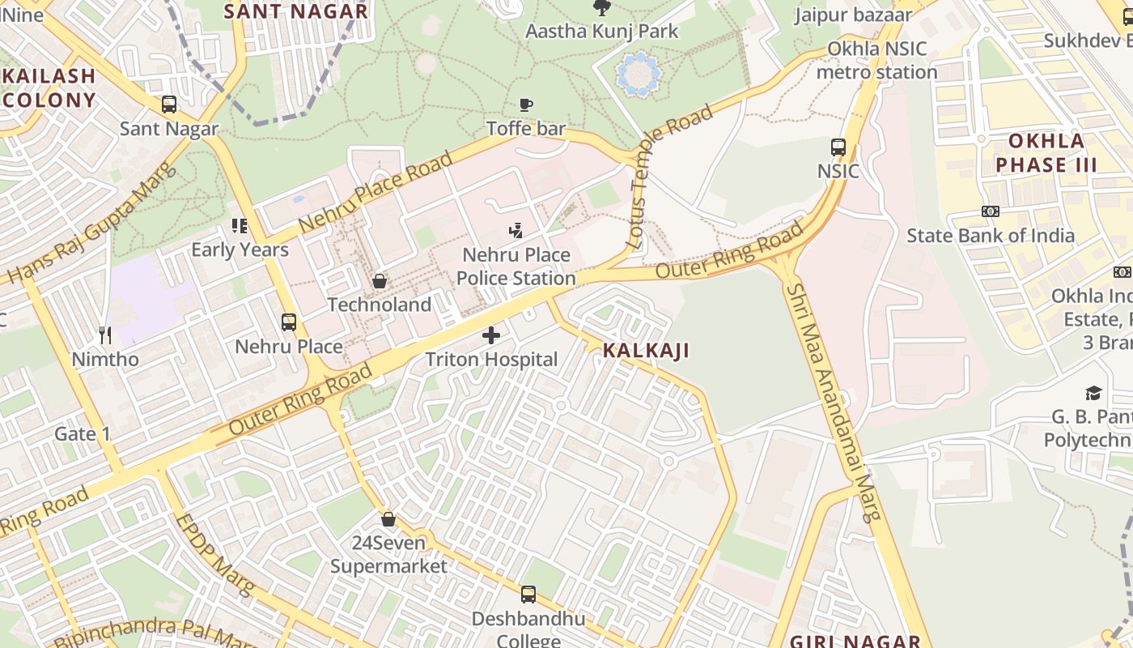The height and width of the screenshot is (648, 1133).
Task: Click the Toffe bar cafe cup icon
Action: pyautogui.click(x=526, y=104)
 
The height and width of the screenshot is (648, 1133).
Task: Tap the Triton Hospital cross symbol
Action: pyautogui.click(x=491, y=335)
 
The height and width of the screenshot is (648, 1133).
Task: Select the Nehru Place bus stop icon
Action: pyautogui.click(x=289, y=322)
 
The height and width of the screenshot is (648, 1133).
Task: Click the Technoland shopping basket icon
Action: pyautogui.click(x=379, y=281)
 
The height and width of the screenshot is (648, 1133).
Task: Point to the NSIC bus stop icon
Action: pyautogui.click(x=838, y=147)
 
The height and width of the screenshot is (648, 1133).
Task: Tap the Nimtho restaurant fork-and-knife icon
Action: pyautogui.click(x=105, y=335)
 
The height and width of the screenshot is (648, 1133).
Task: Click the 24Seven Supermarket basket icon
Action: pyautogui.click(x=388, y=519)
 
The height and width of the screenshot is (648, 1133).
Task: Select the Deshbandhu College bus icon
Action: pyautogui.click(x=528, y=595)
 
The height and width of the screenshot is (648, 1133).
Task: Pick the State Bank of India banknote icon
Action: pyautogui.click(x=991, y=211)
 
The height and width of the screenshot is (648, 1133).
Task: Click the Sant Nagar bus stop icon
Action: pyautogui.click(x=169, y=104)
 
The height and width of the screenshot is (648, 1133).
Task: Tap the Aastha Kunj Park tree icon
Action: pyautogui.click(x=601, y=8)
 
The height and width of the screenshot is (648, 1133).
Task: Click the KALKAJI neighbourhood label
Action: pyautogui.click(x=646, y=351)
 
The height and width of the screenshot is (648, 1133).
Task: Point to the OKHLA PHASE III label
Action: pyautogui.click(x=1046, y=153)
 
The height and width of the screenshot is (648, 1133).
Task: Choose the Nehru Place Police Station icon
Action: pyautogui.click(x=516, y=231)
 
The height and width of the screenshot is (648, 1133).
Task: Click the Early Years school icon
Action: pyautogui.click(x=240, y=226)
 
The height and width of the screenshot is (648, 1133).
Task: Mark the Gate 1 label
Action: pyautogui.click(x=82, y=434)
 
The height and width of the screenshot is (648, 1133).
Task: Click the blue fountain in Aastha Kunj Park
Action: pyautogui.click(x=639, y=75)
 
